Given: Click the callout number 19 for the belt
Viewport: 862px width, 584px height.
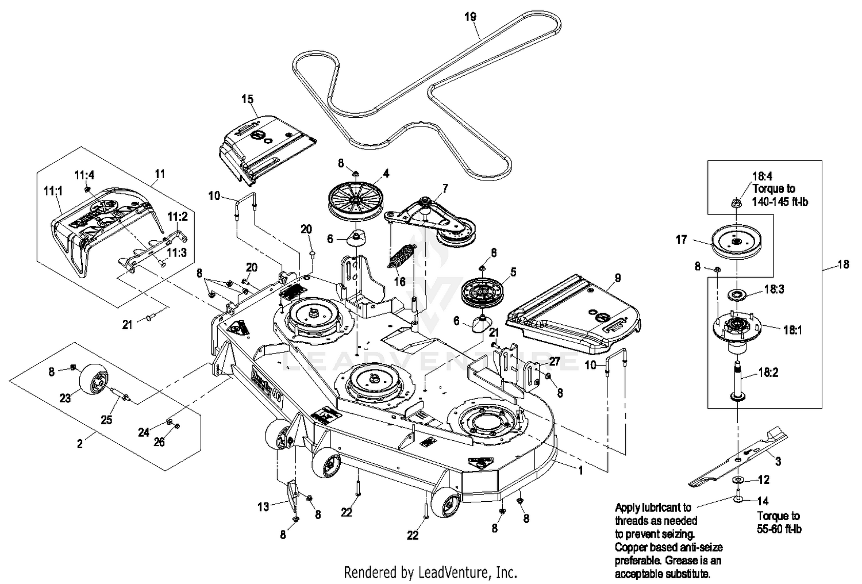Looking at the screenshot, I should pos(470,17).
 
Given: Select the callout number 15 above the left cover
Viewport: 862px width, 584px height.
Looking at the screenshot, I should pos(247,99).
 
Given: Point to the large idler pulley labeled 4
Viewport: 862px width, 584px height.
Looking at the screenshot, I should pos(354,197).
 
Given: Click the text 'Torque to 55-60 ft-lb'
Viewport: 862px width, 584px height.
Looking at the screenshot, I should pos(779,522).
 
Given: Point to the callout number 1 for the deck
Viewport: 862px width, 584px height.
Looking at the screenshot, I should pos(581,470).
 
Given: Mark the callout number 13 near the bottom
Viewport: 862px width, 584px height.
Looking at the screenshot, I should pos(263,506).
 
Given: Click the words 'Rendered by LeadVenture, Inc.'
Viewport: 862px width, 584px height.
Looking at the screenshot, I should pos(430,573).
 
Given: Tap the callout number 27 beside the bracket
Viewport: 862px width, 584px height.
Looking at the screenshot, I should pos(554,362).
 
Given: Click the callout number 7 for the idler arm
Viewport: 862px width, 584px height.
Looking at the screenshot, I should pos(444,189).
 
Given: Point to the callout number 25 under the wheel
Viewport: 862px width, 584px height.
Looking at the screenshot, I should pos(106,420).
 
